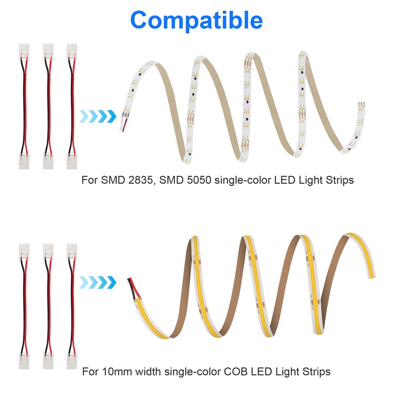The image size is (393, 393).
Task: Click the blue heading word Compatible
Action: point(196,20)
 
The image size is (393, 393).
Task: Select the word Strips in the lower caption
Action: point(314,371)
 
